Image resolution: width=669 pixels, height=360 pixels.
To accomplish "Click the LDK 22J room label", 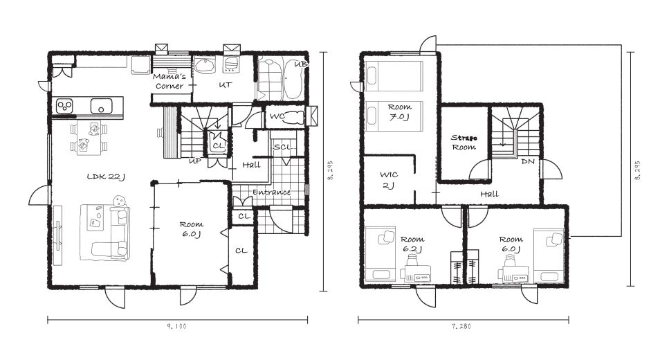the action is click(x=106, y=177).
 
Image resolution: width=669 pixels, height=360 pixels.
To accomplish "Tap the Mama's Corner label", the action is click(x=169, y=81).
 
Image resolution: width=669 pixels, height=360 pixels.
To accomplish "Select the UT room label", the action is click(x=226, y=85).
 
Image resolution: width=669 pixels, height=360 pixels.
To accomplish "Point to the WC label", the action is click(x=277, y=116).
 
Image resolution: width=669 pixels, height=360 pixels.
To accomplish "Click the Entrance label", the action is click(x=271, y=192).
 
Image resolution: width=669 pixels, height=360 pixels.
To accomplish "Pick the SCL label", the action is click(x=283, y=147).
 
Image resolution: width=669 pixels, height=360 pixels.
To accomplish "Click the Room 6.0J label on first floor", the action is click(x=191, y=229).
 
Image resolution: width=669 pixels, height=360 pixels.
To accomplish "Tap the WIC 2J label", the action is click(x=389, y=180).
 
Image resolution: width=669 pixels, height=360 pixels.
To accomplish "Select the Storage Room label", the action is click(x=464, y=143).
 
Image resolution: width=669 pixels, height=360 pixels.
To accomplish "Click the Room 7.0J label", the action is click(x=400, y=111).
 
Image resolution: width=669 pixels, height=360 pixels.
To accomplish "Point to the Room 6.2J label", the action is click(x=412, y=244).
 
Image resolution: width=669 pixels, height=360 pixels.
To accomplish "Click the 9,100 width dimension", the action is click(x=176, y=326).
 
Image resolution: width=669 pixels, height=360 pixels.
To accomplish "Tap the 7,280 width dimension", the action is click(x=461, y=326).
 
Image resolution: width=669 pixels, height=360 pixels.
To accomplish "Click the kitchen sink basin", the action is click(x=101, y=105).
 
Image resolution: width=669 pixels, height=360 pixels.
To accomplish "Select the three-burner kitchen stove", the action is click(x=64, y=105).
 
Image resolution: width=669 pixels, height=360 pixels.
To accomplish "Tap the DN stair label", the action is click(x=528, y=161).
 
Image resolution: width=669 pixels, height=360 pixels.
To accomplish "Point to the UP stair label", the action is click(x=195, y=161).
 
